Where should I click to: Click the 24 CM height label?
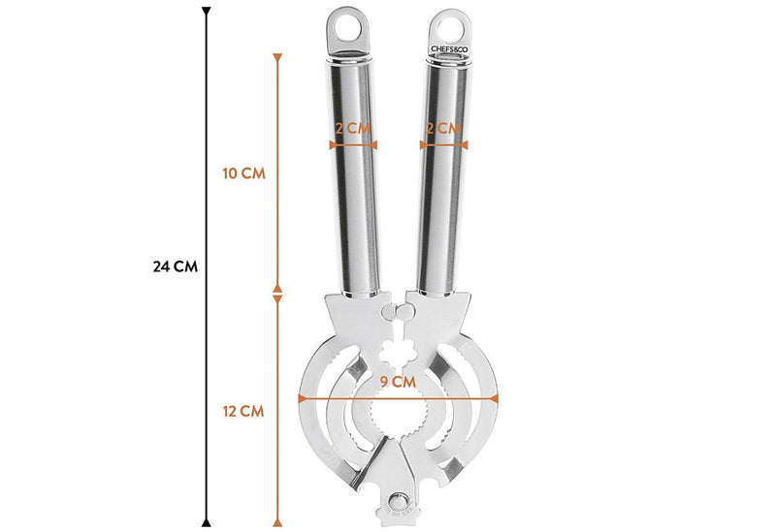click(176, 267)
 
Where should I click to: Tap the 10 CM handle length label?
click(243, 173)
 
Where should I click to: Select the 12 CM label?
click(243, 412)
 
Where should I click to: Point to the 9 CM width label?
click(398, 382)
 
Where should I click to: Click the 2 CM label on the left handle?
click(353, 129)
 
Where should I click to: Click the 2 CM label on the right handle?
click(443, 129)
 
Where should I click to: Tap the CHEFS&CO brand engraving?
click(449, 49)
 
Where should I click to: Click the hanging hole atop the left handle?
click(346, 27)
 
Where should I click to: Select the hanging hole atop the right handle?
click(450, 29)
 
